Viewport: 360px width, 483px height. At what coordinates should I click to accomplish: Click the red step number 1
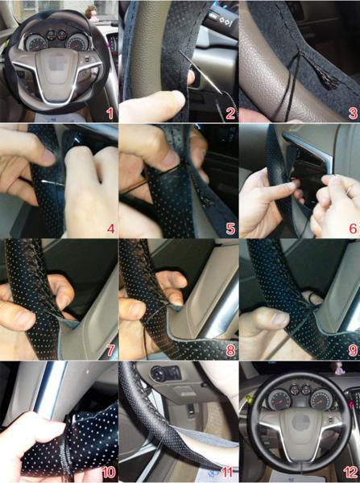coord(110,114)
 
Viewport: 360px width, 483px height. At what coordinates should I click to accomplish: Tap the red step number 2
coord(230,114)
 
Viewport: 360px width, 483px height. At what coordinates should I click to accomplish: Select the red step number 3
coord(353,114)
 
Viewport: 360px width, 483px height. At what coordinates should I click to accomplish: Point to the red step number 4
coord(110,229)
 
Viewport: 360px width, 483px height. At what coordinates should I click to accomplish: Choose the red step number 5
coord(230,229)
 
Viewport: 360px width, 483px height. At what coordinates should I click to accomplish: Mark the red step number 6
coord(353,229)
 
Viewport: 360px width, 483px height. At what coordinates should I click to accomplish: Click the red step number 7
coord(110,350)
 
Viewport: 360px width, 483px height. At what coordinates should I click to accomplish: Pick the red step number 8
coord(230,350)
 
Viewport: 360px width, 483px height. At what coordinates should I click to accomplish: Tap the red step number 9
coord(353,350)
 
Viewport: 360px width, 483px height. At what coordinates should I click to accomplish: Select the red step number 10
coord(109,472)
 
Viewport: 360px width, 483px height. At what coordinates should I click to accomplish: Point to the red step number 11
coord(227,472)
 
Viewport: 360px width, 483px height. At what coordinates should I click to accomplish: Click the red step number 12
coord(350,472)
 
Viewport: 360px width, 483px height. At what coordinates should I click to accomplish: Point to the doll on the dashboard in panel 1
coord(92,13)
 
